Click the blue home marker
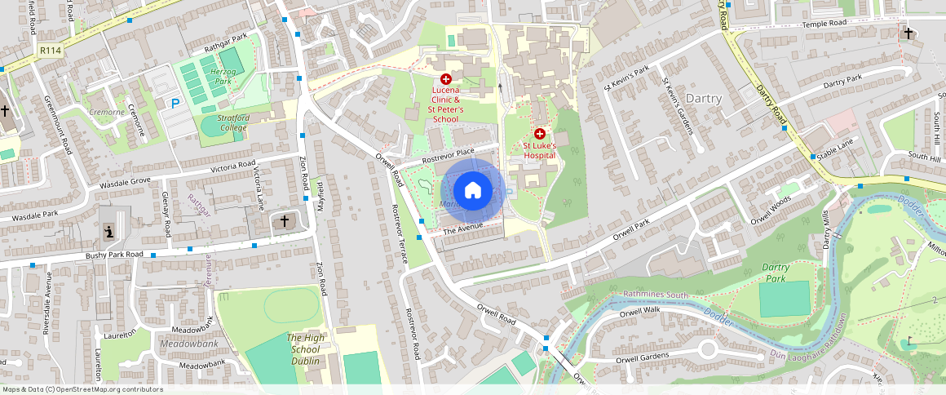point(472,191)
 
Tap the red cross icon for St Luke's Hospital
point(539,133)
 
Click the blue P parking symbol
point(175,104)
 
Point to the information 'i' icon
point(108,233)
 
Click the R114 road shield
point(50,51)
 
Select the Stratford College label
point(233,122)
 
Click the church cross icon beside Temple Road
point(908,33)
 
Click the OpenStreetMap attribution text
point(82,389)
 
